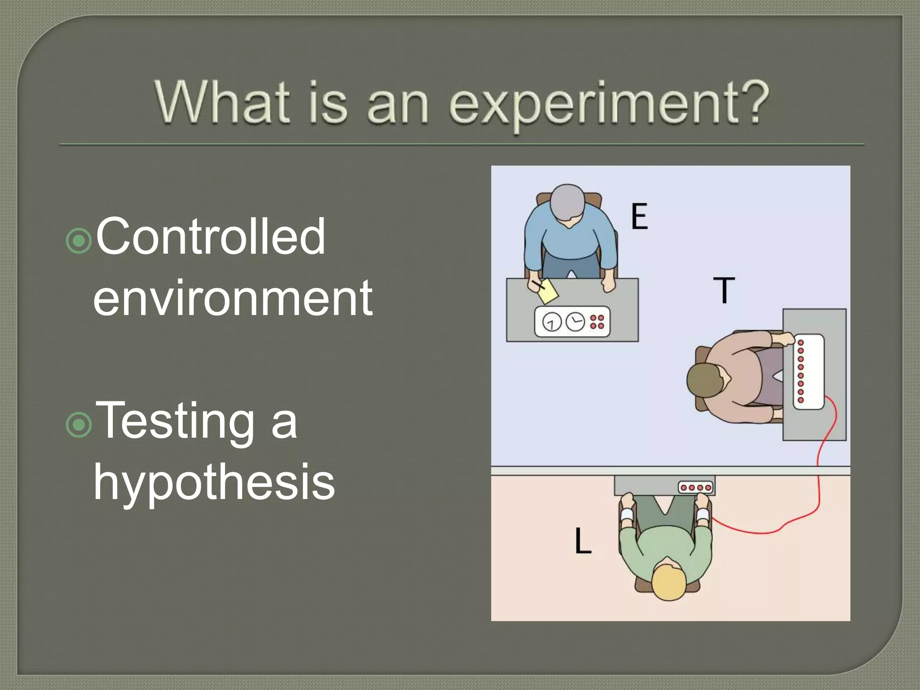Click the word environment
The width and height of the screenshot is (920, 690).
(x=233, y=297)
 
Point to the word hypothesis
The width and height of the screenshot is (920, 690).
(x=214, y=483)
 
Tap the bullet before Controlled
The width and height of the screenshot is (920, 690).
(x=79, y=241)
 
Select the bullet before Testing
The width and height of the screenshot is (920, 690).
(x=79, y=425)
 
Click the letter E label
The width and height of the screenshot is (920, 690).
(x=639, y=217)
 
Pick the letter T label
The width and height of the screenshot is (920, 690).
(x=724, y=290)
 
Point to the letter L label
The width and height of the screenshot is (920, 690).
(x=583, y=541)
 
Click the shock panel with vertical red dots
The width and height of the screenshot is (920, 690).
(x=808, y=372)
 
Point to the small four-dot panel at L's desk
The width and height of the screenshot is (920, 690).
(x=695, y=487)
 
